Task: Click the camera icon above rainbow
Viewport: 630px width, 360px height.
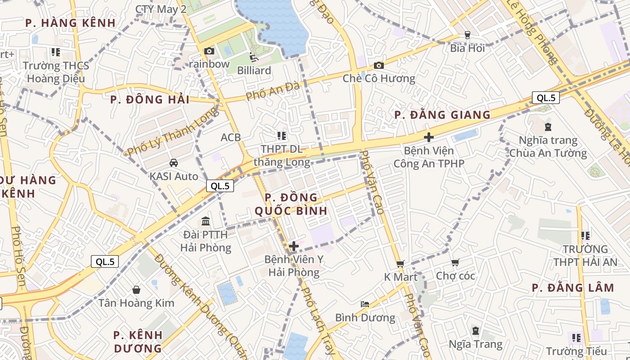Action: [x=209, y=51]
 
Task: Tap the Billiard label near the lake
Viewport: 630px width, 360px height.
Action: [x=254, y=71]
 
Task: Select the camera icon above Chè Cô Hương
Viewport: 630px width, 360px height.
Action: [x=379, y=66]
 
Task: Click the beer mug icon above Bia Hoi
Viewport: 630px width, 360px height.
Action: [x=467, y=35]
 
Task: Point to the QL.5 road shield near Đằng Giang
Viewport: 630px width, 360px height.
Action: [x=545, y=98]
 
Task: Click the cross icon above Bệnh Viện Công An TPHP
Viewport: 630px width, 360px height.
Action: [x=429, y=137]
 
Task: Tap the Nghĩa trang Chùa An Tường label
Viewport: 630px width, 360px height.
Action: [x=548, y=147]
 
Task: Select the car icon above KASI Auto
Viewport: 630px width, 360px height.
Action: [x=174, y=163]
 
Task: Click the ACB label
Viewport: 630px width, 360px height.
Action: [x=231, y=137]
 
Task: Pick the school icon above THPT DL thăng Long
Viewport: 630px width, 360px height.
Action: [x=282, y=136]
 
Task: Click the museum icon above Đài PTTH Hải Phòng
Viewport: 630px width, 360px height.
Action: [x=206, y=221]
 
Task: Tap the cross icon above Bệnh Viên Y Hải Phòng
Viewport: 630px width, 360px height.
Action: [x=294, y=246]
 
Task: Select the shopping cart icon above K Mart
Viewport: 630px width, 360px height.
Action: [x=400, y=264]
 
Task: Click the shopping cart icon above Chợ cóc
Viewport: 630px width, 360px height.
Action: [x=455, y=262]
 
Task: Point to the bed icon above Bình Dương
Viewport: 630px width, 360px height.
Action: [x=365, y=305]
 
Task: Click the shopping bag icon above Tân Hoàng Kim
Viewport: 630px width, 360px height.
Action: [x=136, y=290]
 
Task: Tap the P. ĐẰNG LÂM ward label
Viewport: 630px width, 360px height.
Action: [x=572, y=288]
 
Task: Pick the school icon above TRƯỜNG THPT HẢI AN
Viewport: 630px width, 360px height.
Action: [x=585, y=235]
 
